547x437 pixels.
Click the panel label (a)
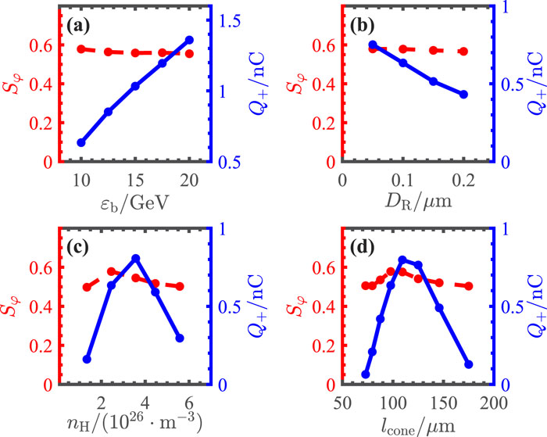78,26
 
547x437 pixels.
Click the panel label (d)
363,248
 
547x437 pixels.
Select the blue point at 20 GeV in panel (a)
189,40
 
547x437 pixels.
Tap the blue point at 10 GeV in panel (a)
81,143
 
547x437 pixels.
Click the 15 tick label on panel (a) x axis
135,181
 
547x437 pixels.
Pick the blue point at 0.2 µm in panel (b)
463,95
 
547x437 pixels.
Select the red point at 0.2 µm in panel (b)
463,52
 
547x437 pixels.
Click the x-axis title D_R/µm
418,202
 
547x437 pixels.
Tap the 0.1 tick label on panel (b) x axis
403,181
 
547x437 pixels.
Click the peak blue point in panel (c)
136,258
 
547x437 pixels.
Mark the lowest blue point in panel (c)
87,359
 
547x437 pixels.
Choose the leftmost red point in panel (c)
87,287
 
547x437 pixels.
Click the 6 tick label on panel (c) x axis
189,403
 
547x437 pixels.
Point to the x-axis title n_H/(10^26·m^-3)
134,424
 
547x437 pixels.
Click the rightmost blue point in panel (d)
469,364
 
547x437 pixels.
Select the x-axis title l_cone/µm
418,425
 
